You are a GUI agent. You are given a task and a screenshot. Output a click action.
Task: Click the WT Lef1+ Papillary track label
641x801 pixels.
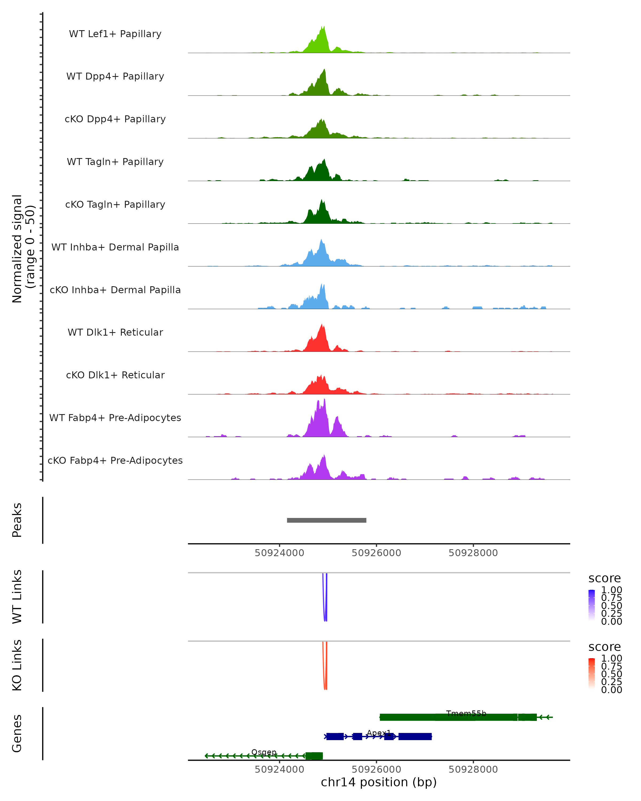coord(115,34)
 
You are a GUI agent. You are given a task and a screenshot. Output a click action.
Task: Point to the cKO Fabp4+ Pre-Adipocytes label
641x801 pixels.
coord(115,460)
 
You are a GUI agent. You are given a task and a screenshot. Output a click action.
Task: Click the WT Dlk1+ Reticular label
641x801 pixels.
coord(115,332)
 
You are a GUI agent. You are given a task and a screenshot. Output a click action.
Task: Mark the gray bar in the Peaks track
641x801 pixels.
coord(326,520)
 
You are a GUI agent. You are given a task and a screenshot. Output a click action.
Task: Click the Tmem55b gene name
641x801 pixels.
coord(466,713)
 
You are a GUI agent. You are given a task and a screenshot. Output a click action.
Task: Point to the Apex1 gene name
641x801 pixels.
coord(379,733)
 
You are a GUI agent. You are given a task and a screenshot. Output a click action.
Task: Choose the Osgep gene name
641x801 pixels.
coord(264,752)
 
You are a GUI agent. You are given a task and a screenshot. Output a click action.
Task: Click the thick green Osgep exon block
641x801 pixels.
coord(314,756)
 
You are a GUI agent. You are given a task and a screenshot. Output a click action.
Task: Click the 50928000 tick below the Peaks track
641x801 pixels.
coord(473,553)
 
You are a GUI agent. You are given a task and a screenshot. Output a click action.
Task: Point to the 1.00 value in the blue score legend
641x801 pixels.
coord(611,590)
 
